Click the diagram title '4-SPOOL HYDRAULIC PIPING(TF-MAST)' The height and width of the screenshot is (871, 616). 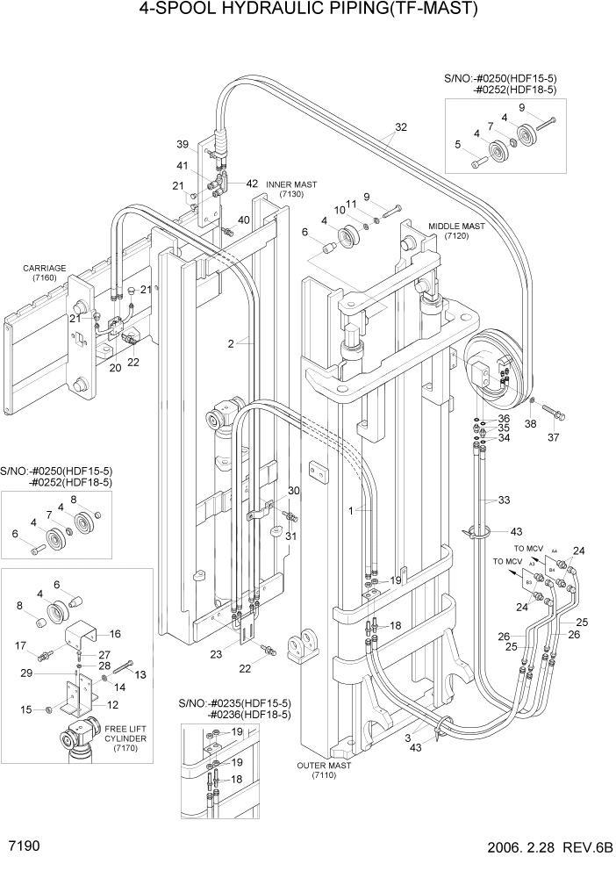[308, 11]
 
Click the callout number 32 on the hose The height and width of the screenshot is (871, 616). [400, 127]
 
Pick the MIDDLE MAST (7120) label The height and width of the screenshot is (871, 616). [456, 231]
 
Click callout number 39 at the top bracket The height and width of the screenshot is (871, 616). [182, 144]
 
